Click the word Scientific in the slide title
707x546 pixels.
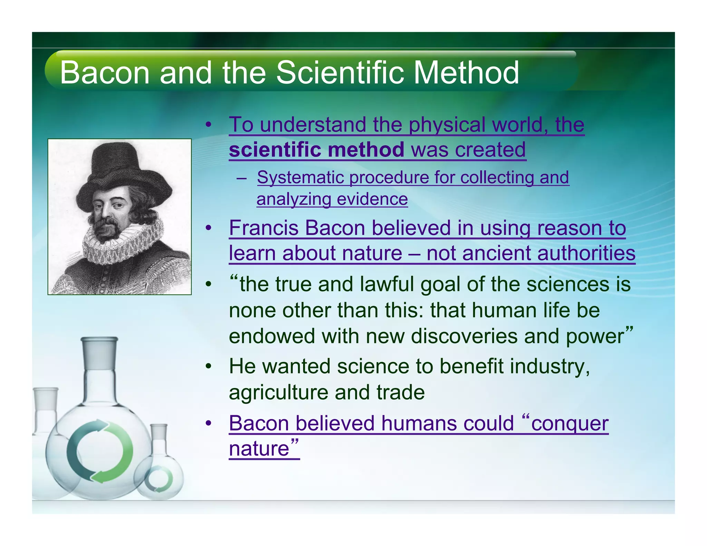point(340,72)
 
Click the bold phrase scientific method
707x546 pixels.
point(316,150)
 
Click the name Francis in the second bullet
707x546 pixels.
point(264,228)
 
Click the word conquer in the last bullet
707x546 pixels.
point(570,423)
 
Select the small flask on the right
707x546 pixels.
point(159,473)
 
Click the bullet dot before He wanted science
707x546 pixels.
point(208,367)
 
